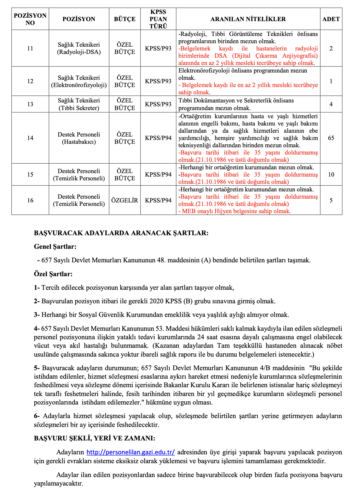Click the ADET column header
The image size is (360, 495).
(331, 19)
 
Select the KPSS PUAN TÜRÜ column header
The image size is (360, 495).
(158, 19)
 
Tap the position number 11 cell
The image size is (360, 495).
(30, 48)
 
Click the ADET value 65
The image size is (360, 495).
(331, 138)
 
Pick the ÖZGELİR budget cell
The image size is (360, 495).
(125, 200)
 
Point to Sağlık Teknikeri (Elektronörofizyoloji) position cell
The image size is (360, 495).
(79, 81)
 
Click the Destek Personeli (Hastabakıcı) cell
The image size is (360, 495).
(79, 138)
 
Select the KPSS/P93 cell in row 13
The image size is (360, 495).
(158, 104)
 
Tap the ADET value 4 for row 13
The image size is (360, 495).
(331, 104)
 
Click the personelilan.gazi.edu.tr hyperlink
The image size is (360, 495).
(131, 452)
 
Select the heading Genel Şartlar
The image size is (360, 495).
(55, 247)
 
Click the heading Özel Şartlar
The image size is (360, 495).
(53, 274)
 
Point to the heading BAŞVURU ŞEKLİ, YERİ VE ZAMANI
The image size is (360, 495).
(95, 438)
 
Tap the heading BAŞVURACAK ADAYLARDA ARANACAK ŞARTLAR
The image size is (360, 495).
(121, 233)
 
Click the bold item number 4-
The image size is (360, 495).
(37, 329)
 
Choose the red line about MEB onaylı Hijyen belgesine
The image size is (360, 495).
(235, 211)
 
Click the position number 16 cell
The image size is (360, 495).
(30, 200)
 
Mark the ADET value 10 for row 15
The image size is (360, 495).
(331, 174)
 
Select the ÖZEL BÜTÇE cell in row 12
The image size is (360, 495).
(125, 81)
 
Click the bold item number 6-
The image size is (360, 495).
(37, 416)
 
